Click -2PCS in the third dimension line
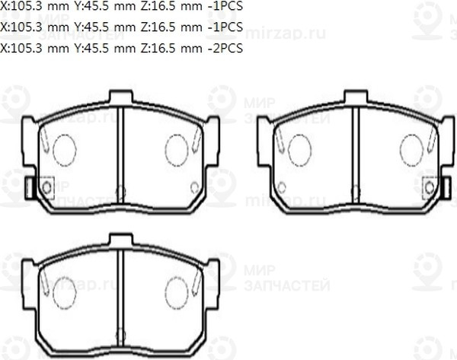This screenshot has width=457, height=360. (x=225, y=48)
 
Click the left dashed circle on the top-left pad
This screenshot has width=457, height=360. (x=65, y=149)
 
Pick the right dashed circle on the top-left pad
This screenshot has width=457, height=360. (x=176, y=149)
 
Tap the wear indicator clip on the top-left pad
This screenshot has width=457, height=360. (x=45, y=186)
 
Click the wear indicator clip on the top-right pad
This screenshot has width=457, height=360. (x=431, y=186)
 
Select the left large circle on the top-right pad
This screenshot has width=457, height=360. (x=299, y=149)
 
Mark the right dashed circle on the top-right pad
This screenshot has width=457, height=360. (x=411, y=149)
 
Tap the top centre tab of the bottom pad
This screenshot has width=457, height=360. (x=121, y=241)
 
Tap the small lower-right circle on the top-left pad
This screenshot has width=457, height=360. (x=195, y=186)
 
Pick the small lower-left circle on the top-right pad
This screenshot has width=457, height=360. (x=282, y=186)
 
